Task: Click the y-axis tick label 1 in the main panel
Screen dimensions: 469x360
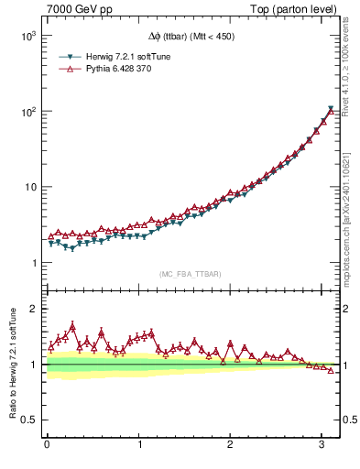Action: [35, 264]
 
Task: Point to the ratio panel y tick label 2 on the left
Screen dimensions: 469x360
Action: [35, 309]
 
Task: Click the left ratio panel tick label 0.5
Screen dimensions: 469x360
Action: [29, 420]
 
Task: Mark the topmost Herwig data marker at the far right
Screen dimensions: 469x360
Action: [331, 109]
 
